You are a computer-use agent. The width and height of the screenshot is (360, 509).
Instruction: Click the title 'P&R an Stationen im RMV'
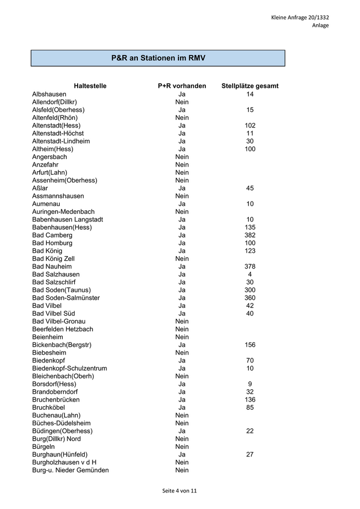pyautogui.click(x=158, y=58)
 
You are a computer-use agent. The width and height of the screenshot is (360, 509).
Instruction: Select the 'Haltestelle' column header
pyautogui.click(x=90, y=86)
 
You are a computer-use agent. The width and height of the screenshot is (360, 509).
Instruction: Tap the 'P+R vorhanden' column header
pyautogui.click(x=182, y=86)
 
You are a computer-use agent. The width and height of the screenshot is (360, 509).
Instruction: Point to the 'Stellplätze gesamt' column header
pyautogui.click(x=250, y=86)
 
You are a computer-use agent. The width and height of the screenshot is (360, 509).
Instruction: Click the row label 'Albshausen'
pyautogui.click(x=49, y=94)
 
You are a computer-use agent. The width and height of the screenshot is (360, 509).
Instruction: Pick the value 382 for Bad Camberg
pyautogui.click(x=250, y=235)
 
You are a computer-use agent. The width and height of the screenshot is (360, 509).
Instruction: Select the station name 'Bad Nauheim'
pyautogui.click(x=52, y=266)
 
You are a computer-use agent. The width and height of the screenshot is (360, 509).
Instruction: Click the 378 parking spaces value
pyautogui.click(x=250, y=266)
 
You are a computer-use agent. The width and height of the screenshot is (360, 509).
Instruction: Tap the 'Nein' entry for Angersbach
pyautogui.click(x=182, y=157)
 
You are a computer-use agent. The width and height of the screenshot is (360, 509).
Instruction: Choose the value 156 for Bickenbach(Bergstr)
pyautogui.click(x=250, y=345)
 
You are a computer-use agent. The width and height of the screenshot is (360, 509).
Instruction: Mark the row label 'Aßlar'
pyautogui.click(x=40, y=188)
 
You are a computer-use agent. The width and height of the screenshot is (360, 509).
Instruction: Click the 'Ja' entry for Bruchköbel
pyautogui.click(x=182, y=407)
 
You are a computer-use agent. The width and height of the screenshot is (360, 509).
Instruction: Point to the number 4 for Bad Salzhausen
pyautogui.click(x=250, y=275)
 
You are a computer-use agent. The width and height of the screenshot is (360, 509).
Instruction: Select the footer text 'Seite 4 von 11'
pyautogui.click(x=179, y=490)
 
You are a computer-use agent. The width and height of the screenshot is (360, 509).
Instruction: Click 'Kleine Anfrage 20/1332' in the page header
pyautogui.click(x=300, y=17)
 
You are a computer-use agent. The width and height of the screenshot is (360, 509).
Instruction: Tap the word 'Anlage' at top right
pyautogui.click(x=320, y=25)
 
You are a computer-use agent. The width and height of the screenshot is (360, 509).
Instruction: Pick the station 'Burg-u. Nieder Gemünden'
pyautogui.click(x=70, y=470)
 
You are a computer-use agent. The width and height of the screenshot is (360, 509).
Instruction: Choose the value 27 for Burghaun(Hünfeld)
pyautogui.click(x=250, y=455)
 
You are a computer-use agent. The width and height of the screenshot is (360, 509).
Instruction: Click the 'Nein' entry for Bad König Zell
pyautogui.click(x=182, y=259)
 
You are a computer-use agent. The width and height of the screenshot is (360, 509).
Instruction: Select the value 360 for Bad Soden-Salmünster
pyautogui.click(x=250, y=298)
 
